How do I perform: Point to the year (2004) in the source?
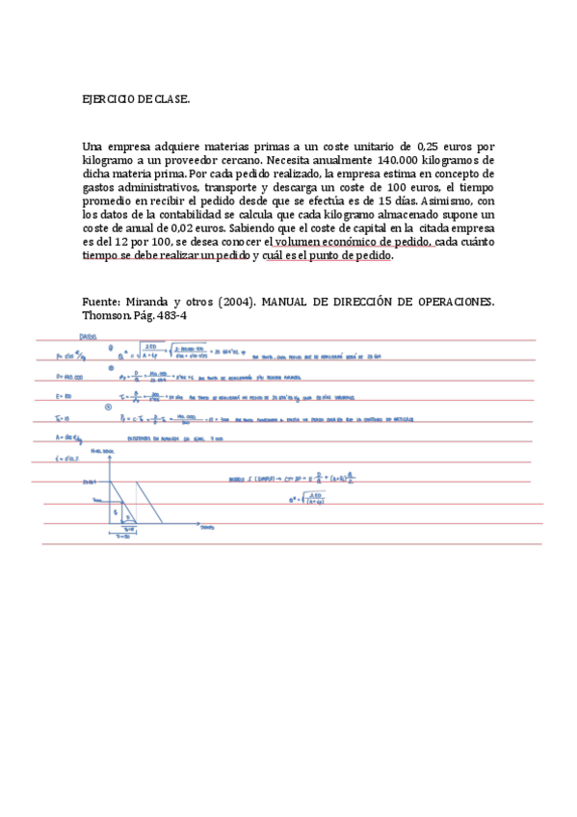pyautogui.click(x=237, y=302)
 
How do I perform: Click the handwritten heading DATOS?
pyautogui.click(x=88, y=336)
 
